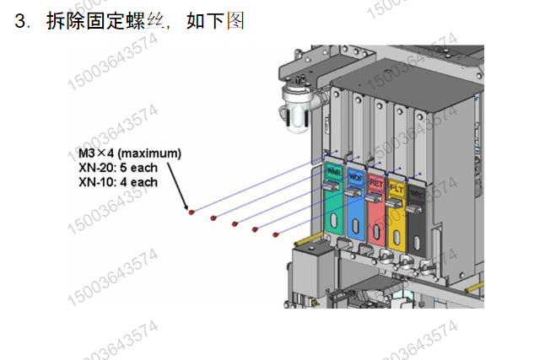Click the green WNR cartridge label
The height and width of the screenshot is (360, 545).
(x=333, y=173)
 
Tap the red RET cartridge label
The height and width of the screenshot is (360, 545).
(x=376, y=180)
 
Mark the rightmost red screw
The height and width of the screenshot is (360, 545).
(x=276, y=234)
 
